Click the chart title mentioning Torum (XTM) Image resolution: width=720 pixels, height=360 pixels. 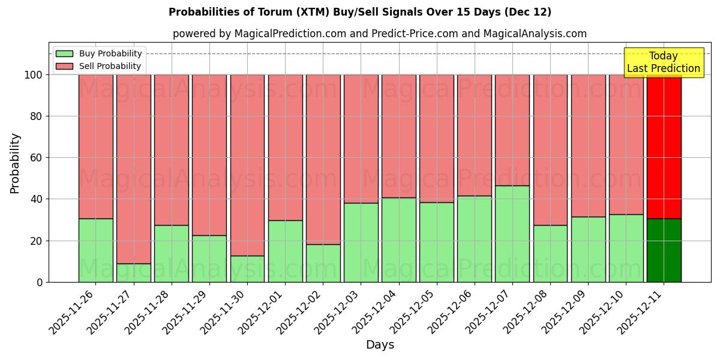(x=360, y=12)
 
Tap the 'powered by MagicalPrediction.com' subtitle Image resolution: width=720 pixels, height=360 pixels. (x=379, y=34)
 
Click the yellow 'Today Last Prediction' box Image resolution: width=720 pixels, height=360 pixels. (x=663, y=62)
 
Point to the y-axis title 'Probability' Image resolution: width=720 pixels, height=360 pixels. (x=15, y=163)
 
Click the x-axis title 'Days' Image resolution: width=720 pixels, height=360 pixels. (x=380, y=345)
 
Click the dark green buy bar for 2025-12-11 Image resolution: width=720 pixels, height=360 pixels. (x=664, y=250)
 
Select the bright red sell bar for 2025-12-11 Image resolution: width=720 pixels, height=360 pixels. (x=664, y=146)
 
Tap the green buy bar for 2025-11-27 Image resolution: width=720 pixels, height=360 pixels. (x=133, y=273)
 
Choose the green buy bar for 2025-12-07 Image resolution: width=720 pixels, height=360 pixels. (x=512, y=234)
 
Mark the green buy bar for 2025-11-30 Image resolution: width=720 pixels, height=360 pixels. (x=247, y=269)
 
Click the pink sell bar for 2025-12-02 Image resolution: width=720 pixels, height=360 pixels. (x=323, y=159)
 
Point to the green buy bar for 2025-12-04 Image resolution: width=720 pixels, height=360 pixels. (x=398, y=240)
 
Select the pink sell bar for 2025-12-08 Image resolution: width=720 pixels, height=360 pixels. (x=550, y=150)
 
